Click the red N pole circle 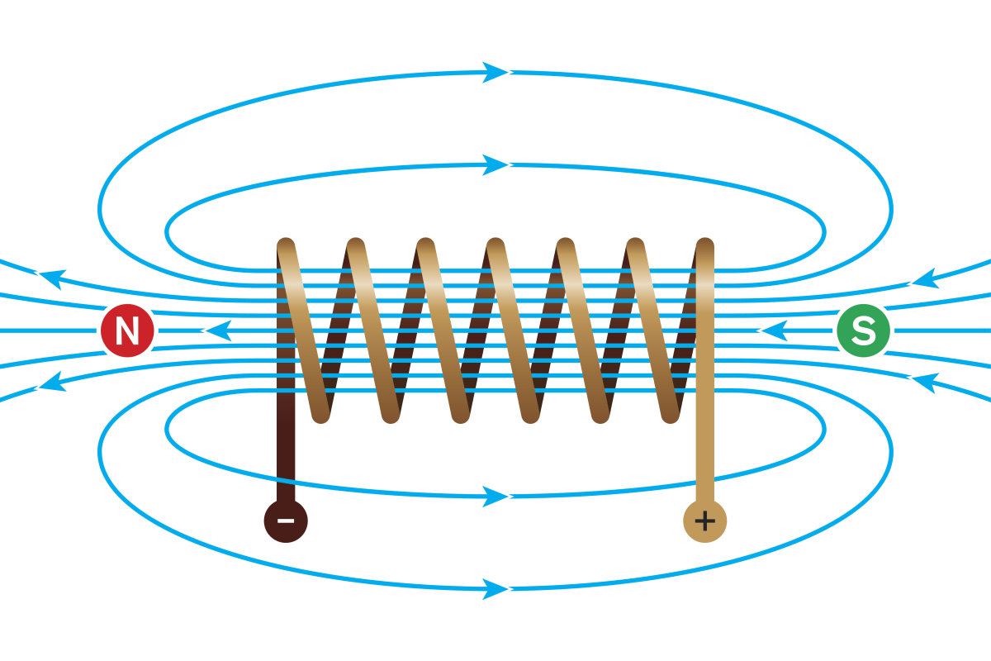127,331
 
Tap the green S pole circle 863,331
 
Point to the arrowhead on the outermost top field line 495,72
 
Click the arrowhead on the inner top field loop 495,164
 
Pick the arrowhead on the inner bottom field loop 495,497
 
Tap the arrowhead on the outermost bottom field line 495,589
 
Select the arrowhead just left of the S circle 772,331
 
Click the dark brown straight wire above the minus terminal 285,454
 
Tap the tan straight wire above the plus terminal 704,454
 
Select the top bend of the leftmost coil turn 286,246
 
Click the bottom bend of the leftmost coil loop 320,412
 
